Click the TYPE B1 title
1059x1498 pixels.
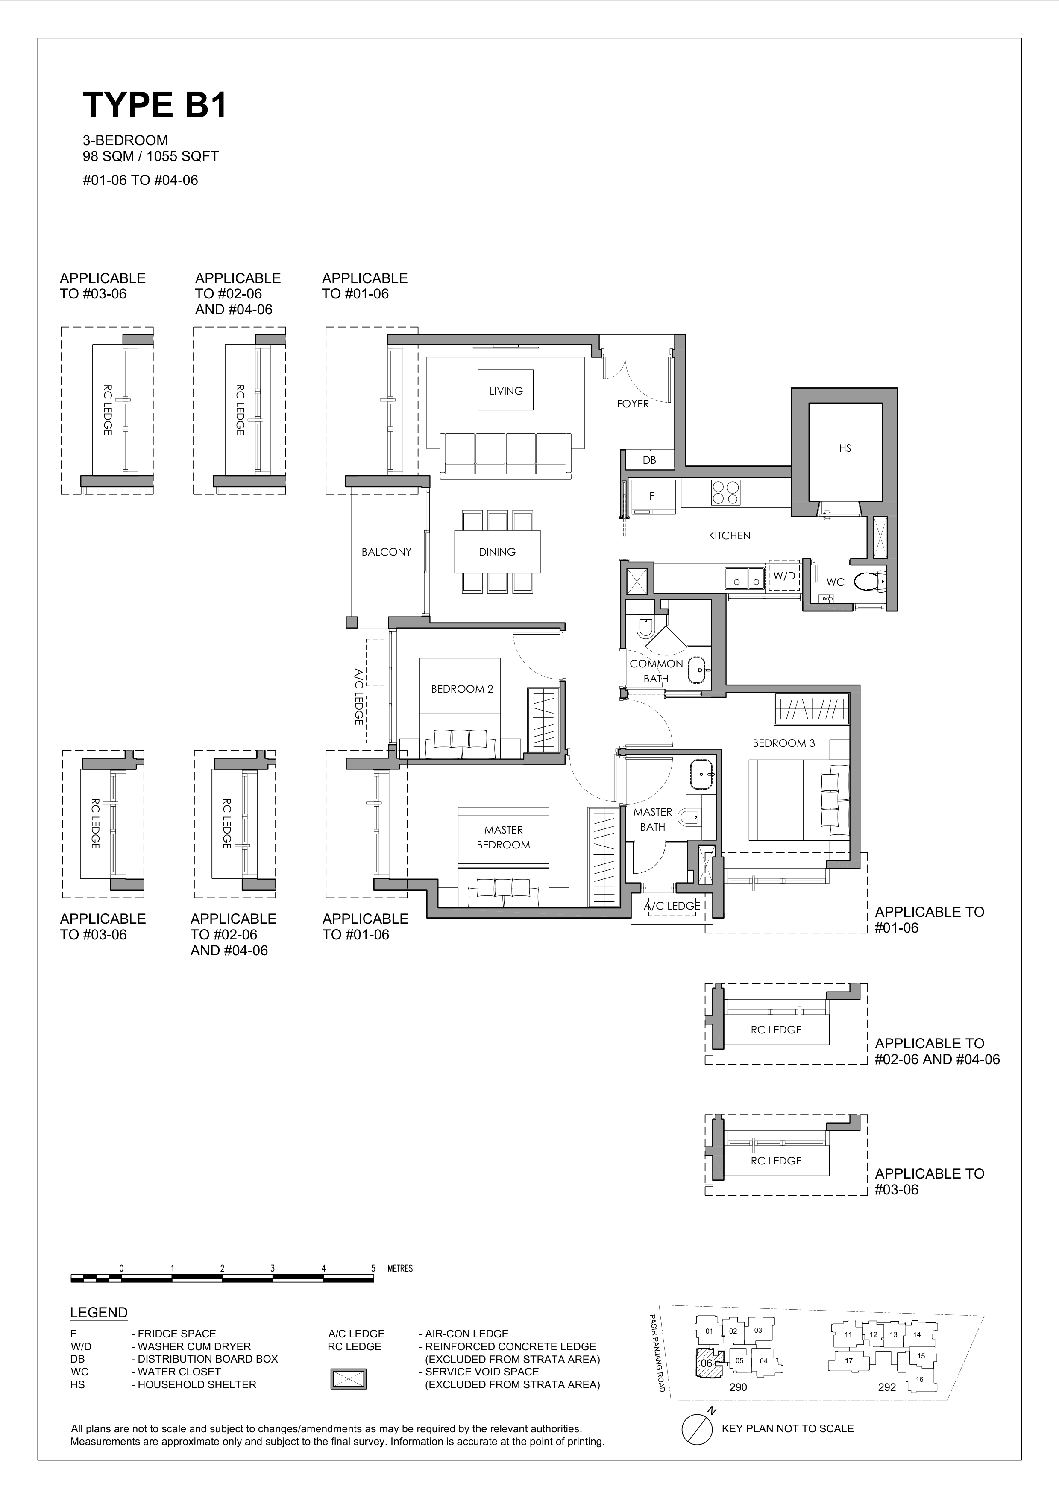pyautogui.click(x=155, y=104)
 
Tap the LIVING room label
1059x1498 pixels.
pyautogui.click(x=506, y=391)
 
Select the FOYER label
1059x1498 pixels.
pyautogui.click(x=633, y=404)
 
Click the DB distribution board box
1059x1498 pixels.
pyautogui.click(x=649, y=460)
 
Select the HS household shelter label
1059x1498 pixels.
pyautogui.click(x=845, y=449)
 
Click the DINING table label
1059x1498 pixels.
pyautogui.click(x=497, y=552)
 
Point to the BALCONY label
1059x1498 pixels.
pyautogui.click(x=386, y=552)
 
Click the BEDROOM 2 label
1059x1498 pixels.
pyautogui.click(x=462, y=689)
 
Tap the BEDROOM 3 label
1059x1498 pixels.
pyautogui.click(x=783, y=743)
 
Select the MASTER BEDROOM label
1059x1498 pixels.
pyautogui.click(x=503, y=837)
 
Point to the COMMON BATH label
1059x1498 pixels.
pyautogui.click(x=657, y=671)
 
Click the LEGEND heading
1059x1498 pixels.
pyautogui.click(x=99, y=1313)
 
